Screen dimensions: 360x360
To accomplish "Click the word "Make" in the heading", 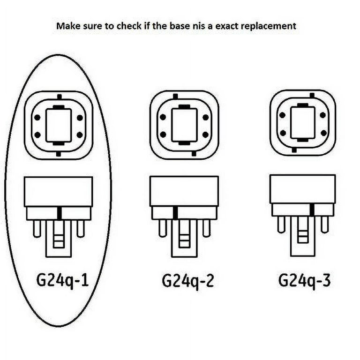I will pyautogui.click(x=67, y=26).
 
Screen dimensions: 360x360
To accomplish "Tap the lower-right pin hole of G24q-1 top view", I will pyautogui.click(x=79, y=135).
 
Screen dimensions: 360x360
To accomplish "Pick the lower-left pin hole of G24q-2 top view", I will pyautogui.click(x=163, y=135).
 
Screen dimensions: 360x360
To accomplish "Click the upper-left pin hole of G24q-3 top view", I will pyautogui.click(x=282, y=114).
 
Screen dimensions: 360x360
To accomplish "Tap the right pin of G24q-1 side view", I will pyautogui.click(x=80, y=229).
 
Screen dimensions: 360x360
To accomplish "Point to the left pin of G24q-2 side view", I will pyautogui.click(x=163, y=228).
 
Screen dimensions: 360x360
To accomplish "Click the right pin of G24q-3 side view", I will pyautogui.click(x=324, y=225).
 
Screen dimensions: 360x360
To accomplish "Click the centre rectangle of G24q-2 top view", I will pyautogui.click(x=184, y=126).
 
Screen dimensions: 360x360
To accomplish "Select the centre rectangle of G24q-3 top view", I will pyautogui.click(x=303, y=122).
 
